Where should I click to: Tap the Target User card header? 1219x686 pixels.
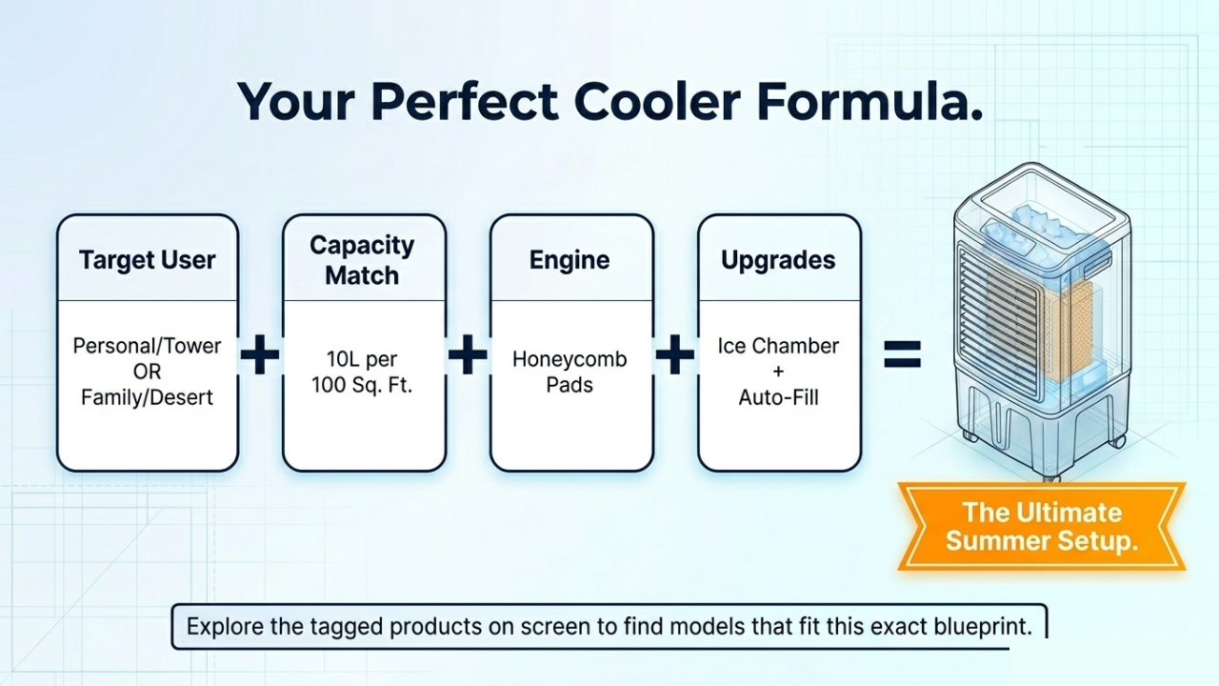[x=148, y=260]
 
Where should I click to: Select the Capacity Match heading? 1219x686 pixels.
[x=362, y=260]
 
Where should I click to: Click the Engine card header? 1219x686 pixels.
[x=570, y=260]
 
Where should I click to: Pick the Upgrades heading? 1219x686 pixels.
[x=778, y=260]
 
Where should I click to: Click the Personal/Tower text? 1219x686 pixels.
[x=148, y=345]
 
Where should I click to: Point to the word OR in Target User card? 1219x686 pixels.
[x=148, y=372]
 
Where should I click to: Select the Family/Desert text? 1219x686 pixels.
[x=148, y=397]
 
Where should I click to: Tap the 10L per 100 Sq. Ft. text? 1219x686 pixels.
[x=362, y=373]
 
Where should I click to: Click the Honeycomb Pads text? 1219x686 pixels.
[x=570, y=373]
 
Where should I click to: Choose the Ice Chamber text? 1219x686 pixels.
[x=778, y=346]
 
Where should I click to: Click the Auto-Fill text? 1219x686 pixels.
[x=778, y=397]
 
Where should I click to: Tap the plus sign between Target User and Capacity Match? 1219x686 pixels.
[x=260, y=356]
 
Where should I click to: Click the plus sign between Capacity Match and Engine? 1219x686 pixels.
[x=468, y=356]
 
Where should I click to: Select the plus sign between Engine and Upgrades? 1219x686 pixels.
[x=675, y=356]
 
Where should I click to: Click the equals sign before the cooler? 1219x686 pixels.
[x=902, y=356]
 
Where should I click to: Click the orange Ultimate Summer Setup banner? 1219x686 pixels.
[x=1041, y=527]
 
